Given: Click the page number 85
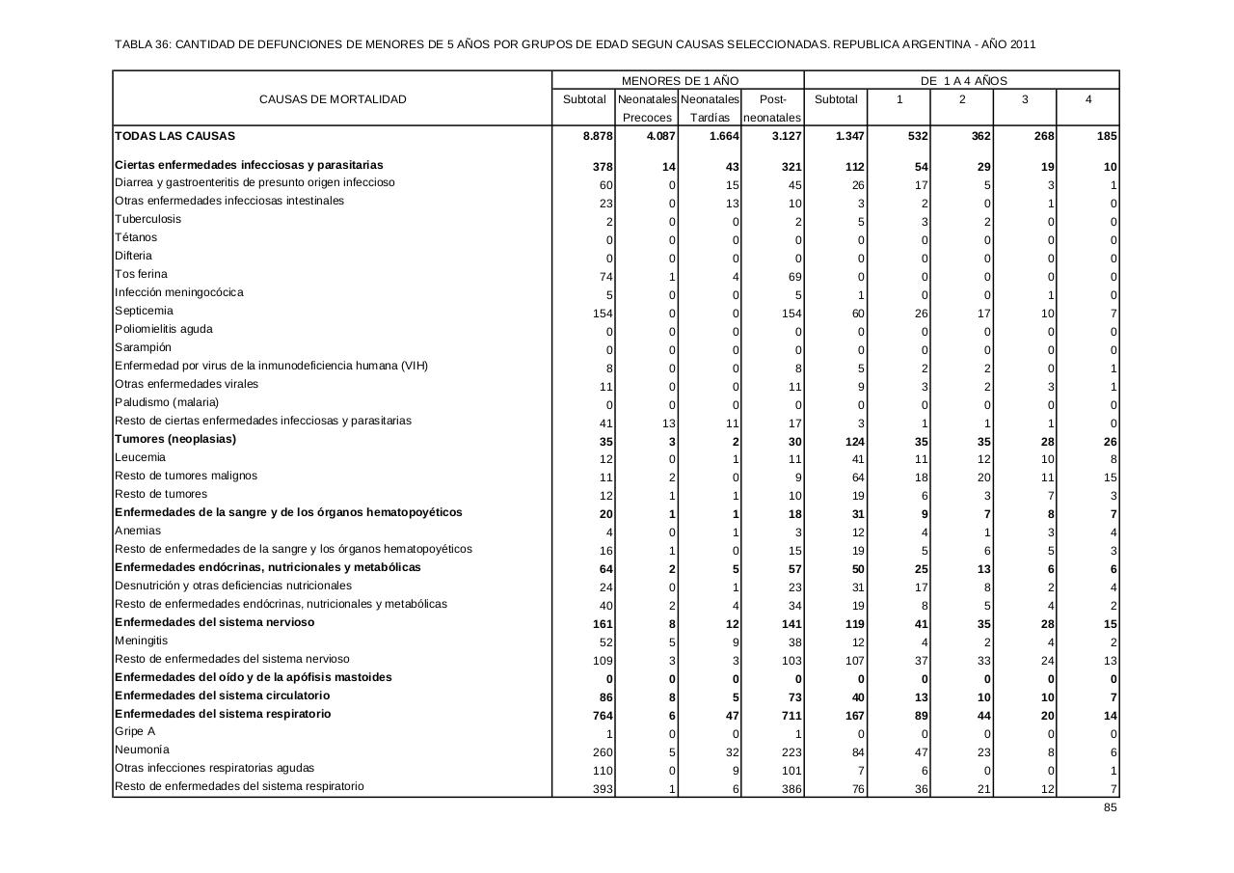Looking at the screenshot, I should pos(1111,807).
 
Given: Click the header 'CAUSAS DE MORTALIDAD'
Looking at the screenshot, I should pos(333,99).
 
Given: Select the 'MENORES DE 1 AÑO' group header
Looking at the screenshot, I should pos(680,81).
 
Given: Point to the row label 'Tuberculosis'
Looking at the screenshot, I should pos(148,219).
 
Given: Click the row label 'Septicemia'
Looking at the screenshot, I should pos(144,311).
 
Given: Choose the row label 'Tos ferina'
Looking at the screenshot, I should pos(141,274).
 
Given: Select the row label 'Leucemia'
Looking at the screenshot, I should pos(140,457).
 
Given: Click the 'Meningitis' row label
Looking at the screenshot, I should pos(141,641).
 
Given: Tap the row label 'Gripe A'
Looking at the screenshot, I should pos(135,731).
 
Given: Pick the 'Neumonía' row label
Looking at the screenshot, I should pos(142,750).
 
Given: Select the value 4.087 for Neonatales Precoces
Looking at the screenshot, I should pos(661,137).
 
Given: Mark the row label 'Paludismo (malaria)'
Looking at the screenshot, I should pos(167,402).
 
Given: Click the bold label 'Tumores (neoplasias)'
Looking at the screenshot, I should pos(175,439).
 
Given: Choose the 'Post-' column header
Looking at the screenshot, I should pos(773,99).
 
